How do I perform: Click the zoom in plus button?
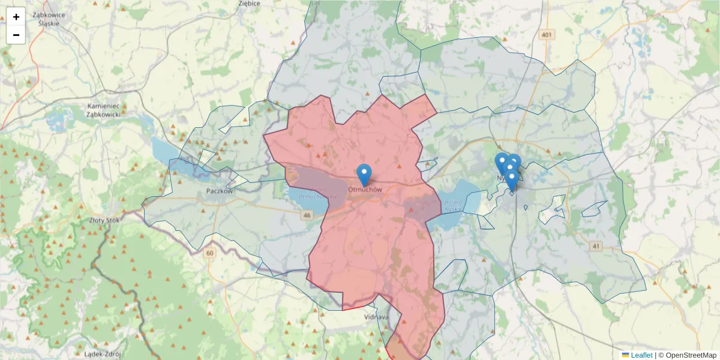(x=16, y=17)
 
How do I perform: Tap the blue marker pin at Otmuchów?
(x=364, y=174)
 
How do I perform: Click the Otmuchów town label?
(x=364, y=190)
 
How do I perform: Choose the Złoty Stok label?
(x=104, y=220)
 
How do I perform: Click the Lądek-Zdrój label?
(x=87, y=353)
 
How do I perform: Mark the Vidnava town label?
(x=377, y=317)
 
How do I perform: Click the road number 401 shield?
(x=545, y=35)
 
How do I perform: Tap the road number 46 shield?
(x=308, y=215)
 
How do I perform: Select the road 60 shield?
(x=209, y=253)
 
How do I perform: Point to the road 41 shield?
(x=595, y=247)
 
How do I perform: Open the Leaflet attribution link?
(x=641, y=355)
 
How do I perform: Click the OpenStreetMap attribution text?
(x=691, y=355)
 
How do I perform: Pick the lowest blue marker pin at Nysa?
(x=511, y=179)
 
